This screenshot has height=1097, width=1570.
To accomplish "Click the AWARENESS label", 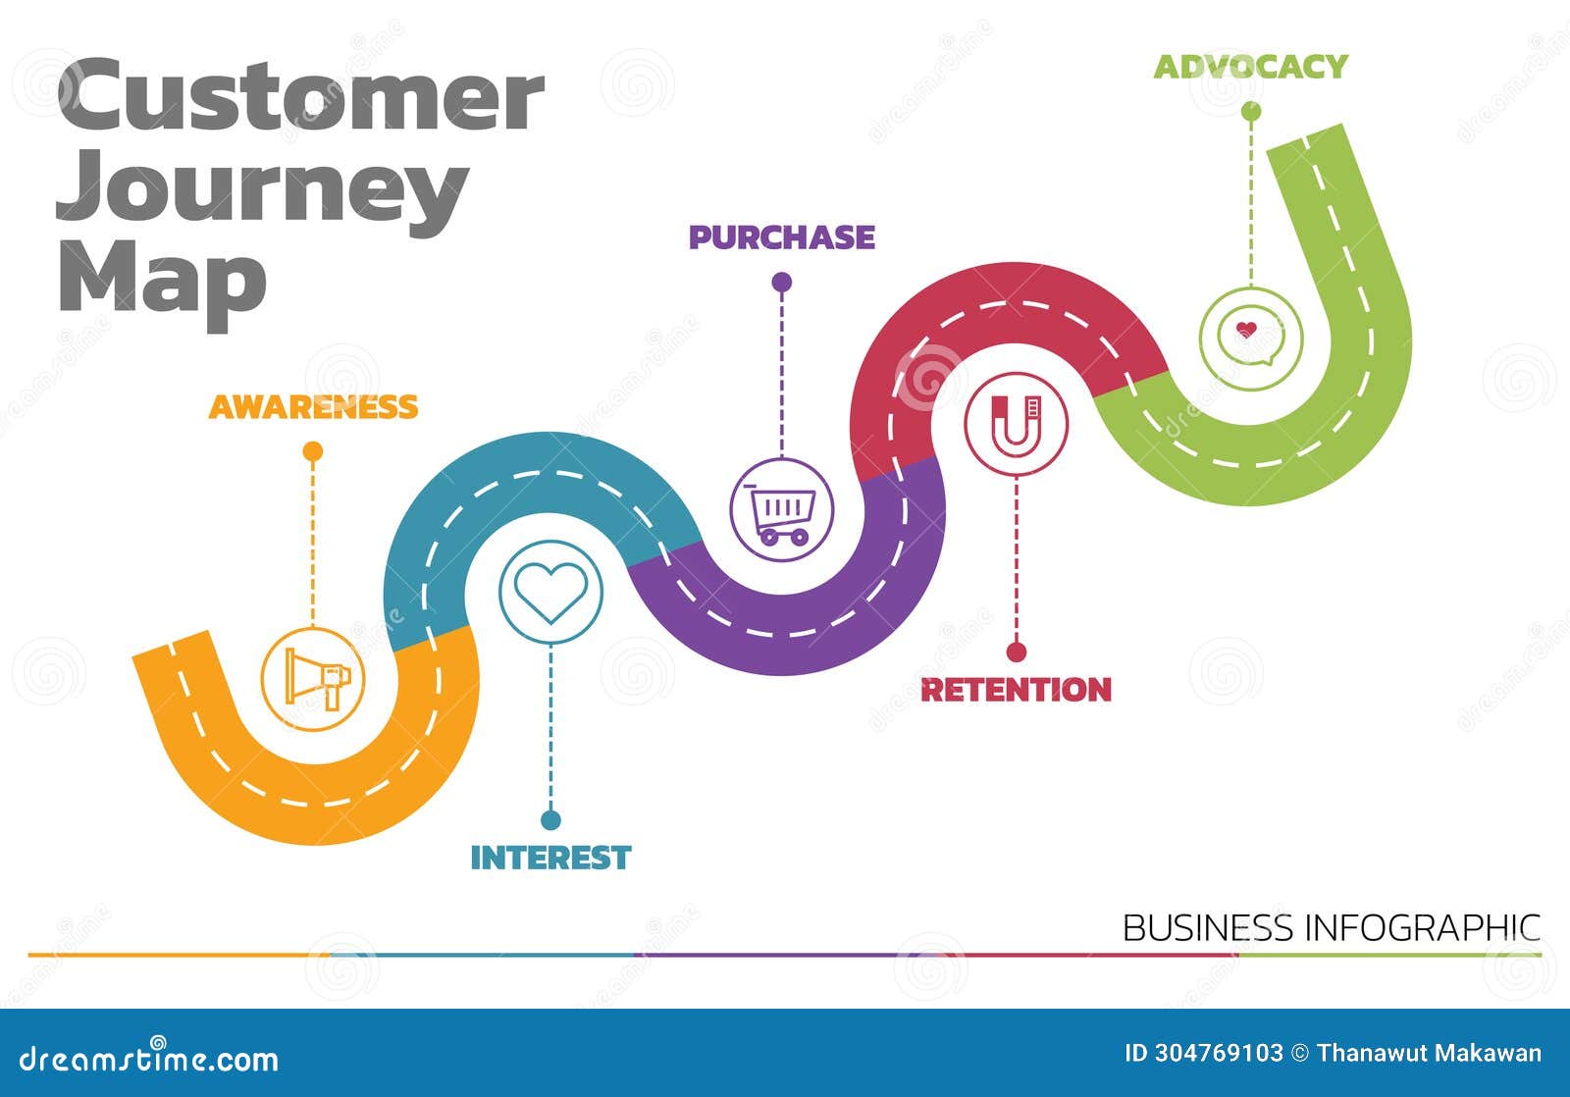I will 313,406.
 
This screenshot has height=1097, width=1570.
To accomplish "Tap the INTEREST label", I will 550,858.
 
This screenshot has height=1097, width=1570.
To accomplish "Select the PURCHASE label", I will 781,237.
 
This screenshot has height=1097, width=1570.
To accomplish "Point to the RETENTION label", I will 1016,690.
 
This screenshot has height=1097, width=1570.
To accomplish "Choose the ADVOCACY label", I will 1250,67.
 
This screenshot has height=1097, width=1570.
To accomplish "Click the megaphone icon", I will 314,679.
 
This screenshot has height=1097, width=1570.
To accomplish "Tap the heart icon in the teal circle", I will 550,592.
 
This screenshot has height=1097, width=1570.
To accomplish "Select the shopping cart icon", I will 782,510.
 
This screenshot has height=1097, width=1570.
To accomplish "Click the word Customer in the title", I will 300,96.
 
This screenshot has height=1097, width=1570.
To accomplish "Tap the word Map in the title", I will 162,280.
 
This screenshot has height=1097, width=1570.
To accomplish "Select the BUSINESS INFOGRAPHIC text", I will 1331,927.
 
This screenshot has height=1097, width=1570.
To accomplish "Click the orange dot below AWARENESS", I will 313,451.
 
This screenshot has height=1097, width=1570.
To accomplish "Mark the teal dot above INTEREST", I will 550,819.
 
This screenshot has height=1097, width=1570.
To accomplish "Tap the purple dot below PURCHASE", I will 782,283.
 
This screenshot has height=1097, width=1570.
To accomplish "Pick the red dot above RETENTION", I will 1017,652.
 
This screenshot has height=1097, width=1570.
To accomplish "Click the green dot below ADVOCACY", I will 1251,112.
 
